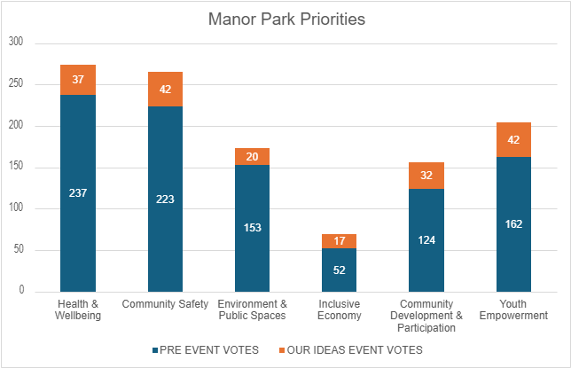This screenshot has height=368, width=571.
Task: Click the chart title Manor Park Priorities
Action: [x=285, y=18]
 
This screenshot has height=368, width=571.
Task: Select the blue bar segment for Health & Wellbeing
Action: [x=78, y=231]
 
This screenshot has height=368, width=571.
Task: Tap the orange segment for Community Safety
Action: [x=165, y=89]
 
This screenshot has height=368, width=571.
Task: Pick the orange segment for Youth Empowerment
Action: [x=513, y=139]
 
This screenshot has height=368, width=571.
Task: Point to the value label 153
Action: [x=252, y=227]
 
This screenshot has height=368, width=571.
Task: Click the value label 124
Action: [x=426, y=239]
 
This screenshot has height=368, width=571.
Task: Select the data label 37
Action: [x=78, y=80]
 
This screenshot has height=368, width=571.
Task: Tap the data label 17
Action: [x=339, y=241]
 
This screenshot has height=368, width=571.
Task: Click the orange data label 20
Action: [x=252, y=157]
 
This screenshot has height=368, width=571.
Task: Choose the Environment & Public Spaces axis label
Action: [x=252, y=310]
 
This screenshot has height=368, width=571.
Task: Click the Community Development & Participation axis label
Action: [x=426, y=316]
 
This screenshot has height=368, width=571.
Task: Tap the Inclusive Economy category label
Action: [x=339, y=310]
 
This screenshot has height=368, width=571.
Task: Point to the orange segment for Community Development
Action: [x=426, y=176]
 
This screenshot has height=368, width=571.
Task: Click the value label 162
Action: [x=513, y=223]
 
